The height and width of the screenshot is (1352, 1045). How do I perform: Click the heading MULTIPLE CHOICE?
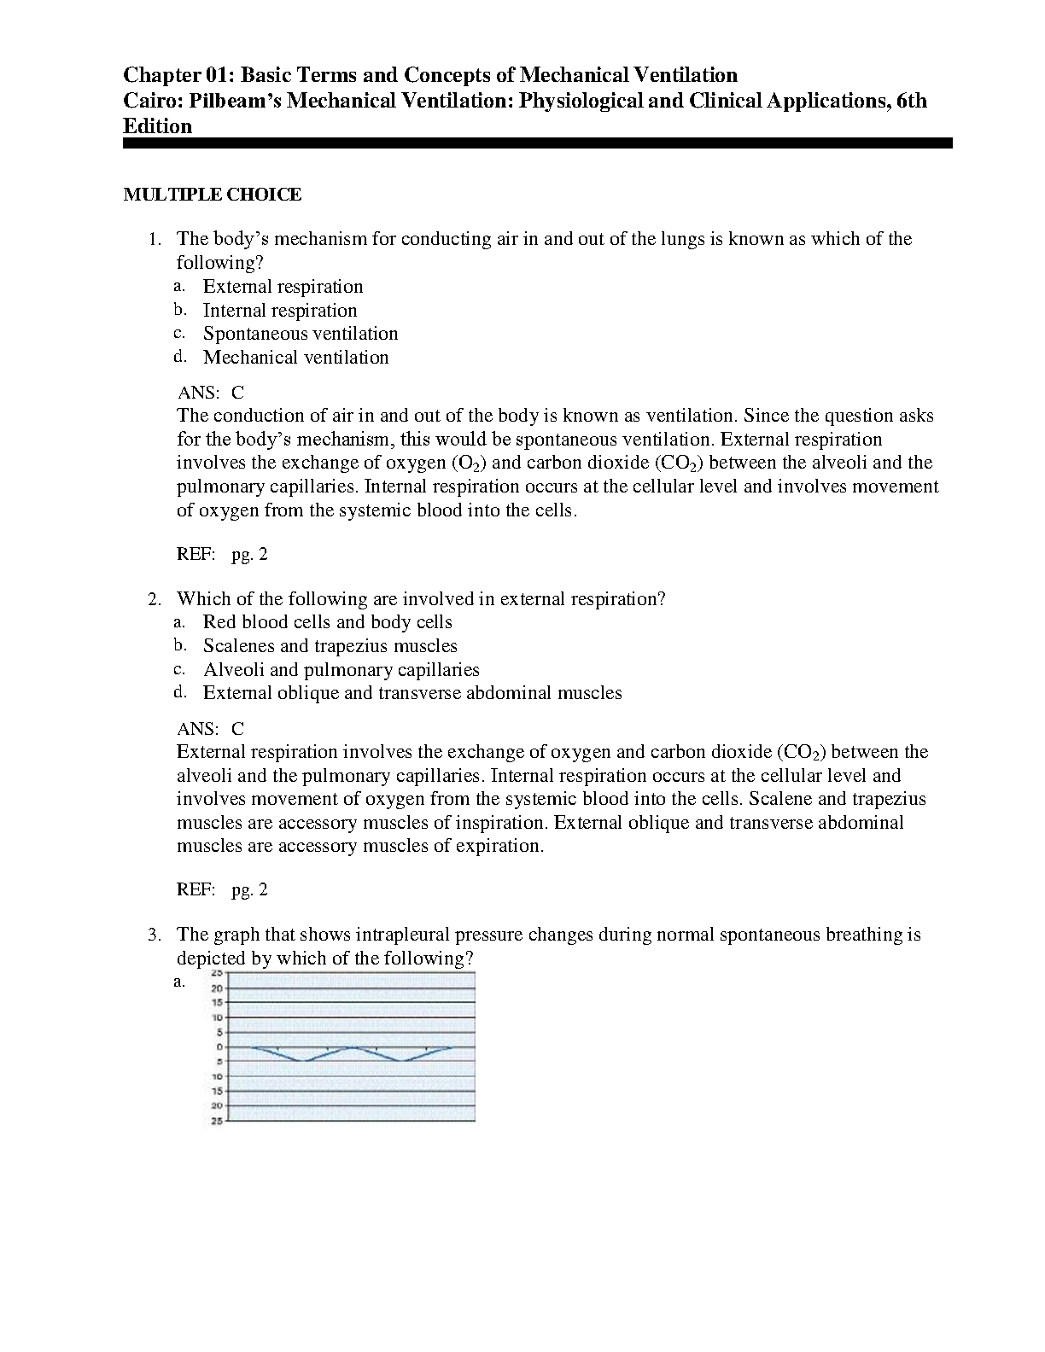point(213,195)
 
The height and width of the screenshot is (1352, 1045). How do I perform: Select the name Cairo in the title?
point(152,101)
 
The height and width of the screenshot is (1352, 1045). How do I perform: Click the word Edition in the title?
point(158,126)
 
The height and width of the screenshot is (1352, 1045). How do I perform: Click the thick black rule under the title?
point(537,144)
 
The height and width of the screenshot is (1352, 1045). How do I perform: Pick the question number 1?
point(154,239)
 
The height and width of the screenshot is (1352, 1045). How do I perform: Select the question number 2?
point(154,599)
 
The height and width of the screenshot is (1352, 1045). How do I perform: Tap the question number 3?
point(154,935)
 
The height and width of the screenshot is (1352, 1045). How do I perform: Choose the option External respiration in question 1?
point(283,287)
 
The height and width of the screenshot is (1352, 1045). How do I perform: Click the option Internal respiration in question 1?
point(280,311)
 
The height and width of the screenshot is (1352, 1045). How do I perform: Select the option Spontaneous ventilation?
point(301,334)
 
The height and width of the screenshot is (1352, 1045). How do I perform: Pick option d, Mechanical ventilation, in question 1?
point(295,358)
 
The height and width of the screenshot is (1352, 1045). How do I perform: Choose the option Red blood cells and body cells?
point(327,622)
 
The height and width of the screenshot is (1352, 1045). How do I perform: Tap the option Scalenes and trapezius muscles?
point(330,646)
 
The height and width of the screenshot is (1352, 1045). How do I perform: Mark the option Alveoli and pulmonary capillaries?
point(341,670)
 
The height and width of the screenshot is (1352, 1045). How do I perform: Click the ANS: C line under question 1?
point(210,393)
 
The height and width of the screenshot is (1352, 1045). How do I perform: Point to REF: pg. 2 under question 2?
point(222,890)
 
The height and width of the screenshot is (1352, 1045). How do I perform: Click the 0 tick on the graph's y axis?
point(219,1046)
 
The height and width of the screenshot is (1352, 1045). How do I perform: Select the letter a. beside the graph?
point(179,982)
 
